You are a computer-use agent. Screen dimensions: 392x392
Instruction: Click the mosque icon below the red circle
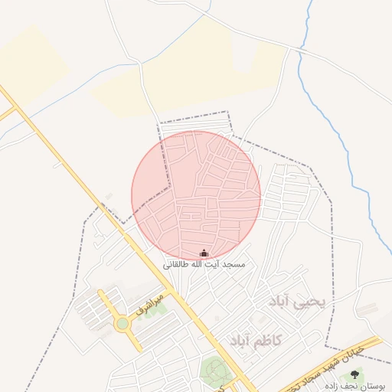click(204, 253)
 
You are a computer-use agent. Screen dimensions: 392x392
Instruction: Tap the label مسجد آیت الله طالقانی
click(204, 264)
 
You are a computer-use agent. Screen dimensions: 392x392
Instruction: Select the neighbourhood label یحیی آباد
click(299, 302)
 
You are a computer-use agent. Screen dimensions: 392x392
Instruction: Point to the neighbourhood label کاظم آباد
click(255, 339)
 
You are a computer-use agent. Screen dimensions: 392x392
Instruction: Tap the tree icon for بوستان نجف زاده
click(354, 374)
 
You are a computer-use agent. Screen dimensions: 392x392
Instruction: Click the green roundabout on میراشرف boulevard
click(122, 324)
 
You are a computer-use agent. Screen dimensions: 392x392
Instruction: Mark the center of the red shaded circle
click(196, 195)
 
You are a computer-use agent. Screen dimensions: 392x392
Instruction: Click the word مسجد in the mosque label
click(233, 264)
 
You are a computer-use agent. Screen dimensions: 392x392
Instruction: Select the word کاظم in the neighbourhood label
click(269, 339)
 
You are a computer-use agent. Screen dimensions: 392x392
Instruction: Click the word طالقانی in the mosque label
click(175, 264)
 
